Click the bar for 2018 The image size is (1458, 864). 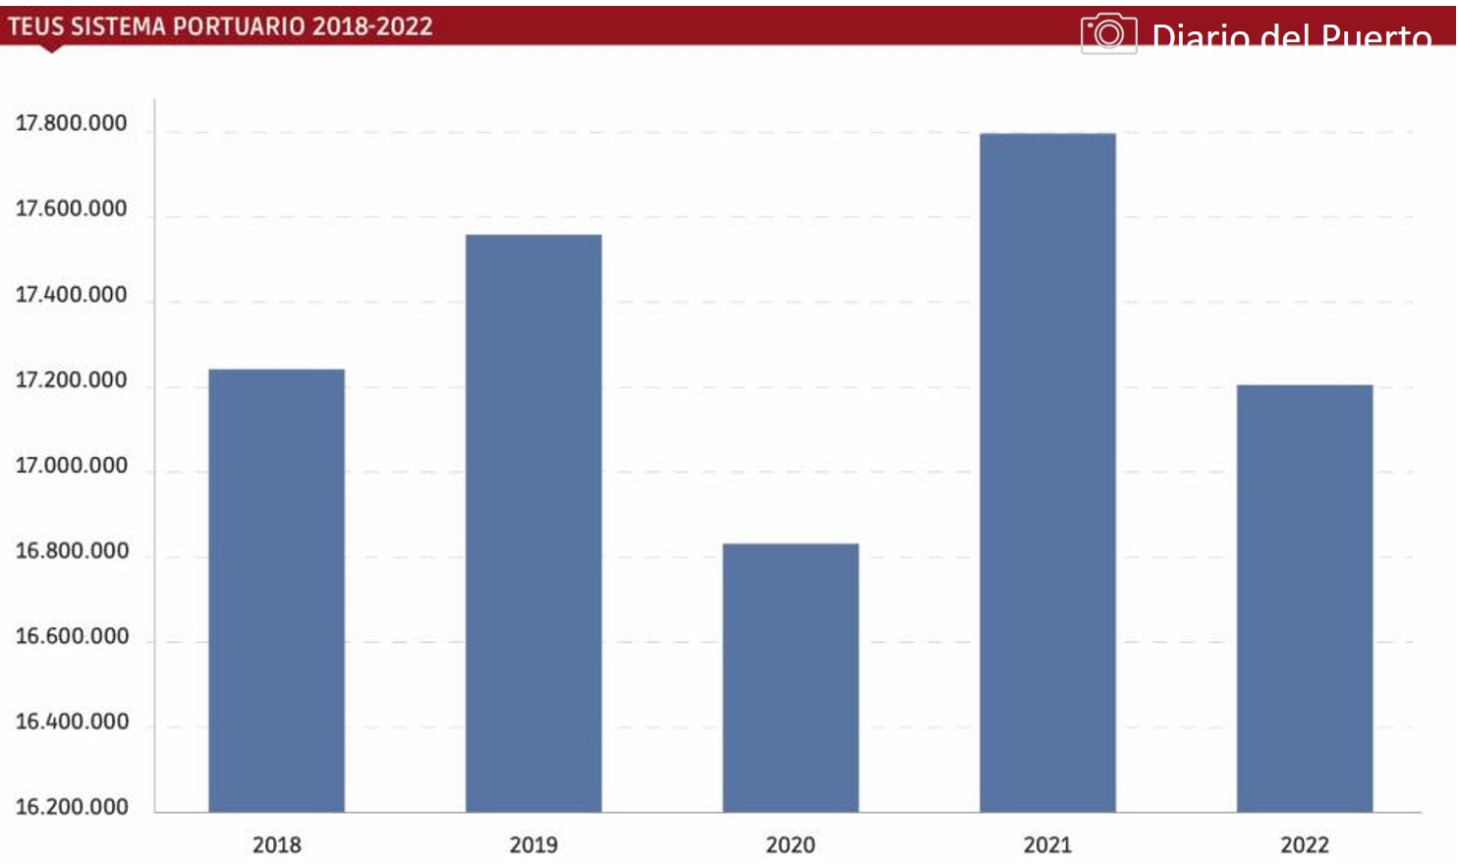point(276,590)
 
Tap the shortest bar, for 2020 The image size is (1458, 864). point(791,677)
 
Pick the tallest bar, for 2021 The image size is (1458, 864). point(1047,472)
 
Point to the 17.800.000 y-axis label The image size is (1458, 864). point(71,124)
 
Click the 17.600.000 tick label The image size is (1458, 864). point(71,209)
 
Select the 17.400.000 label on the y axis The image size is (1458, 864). point(71,295)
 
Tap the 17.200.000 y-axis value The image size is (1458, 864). point(71,380)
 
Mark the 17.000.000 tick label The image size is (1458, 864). point(71,466)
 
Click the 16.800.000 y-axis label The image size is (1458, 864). point(71,551)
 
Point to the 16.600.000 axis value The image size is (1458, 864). point(71,637)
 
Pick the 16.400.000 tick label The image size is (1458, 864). point(71,722)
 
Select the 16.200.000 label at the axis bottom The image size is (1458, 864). point(71,807)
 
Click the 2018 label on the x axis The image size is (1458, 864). point(276,844)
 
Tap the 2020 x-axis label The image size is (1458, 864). point(791,844)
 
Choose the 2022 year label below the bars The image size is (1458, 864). point(1305,844)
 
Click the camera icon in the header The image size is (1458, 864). point(1108,34)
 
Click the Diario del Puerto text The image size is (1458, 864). point(1291,37)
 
